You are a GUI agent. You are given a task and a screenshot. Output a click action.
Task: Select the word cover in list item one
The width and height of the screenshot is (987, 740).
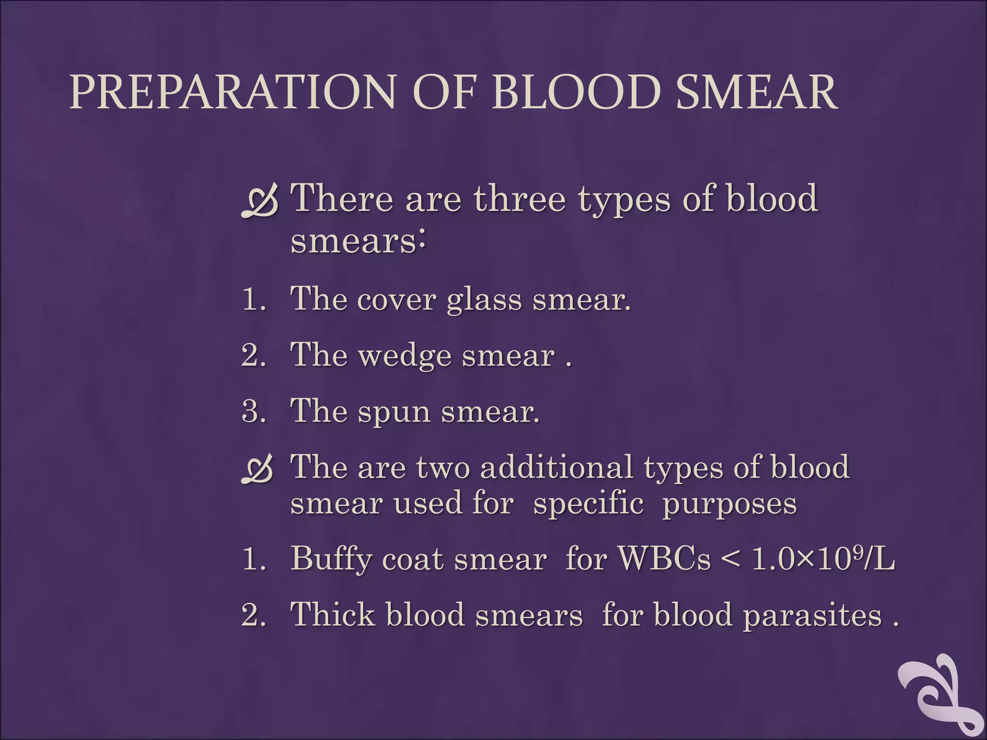coord(397,300)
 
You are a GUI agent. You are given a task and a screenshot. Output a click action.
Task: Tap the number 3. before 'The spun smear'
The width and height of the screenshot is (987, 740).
coord(253,412)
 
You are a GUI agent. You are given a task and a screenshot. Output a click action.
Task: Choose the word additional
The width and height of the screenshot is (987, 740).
coord(556,467)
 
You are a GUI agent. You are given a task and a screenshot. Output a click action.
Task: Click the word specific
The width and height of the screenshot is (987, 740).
coord(588,504)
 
